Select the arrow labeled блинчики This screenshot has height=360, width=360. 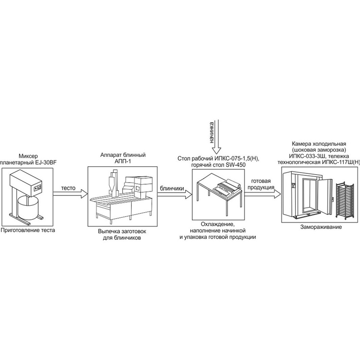(175, 195)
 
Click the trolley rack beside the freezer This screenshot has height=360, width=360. (344, 200)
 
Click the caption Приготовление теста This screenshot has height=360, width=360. (28, 230)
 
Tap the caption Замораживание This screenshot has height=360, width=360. (321, 227)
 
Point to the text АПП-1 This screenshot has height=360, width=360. (123, 162)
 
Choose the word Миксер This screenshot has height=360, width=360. (28, 156)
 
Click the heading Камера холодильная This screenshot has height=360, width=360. (319, 144)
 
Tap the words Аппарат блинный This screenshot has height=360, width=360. (123, 155)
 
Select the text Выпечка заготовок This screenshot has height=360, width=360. (122, 231)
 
